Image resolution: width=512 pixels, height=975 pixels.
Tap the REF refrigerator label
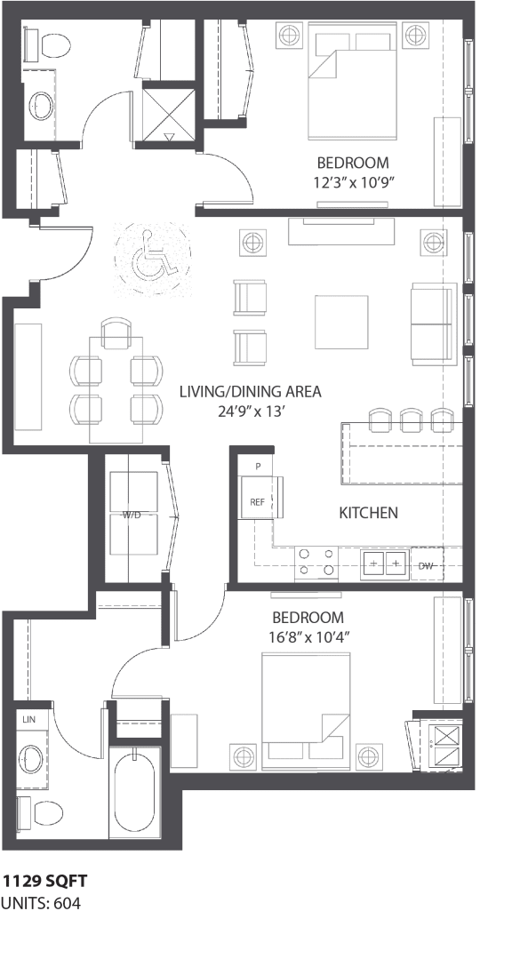point(257,502)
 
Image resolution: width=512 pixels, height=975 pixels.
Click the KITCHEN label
point(368,513)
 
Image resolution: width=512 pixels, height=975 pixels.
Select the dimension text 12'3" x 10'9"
point(353,183)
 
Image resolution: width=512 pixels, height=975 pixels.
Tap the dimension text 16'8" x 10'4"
point(308,637)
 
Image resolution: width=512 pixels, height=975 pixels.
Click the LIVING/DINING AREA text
point(250,391)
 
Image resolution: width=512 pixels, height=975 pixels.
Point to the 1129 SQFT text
point(44,881)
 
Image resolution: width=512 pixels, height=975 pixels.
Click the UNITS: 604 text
point(41,904)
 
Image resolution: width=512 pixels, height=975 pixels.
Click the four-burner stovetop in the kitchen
point(317,562)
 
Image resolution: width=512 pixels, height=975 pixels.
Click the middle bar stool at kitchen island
point(411,419)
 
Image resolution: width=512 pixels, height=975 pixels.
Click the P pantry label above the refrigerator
point(258,467)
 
